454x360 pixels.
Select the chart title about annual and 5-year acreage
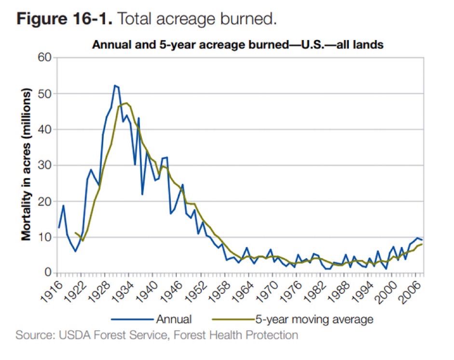click(x=237, y=45)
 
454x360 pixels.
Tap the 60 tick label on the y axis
click(x=44, y=58)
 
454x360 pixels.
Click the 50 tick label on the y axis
click(x=44, y=94)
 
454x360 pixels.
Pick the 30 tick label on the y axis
click(x=44, y=166)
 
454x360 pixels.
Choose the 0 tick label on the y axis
click(x=47, y=273)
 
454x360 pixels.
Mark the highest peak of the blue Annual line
click(x=115, y=85)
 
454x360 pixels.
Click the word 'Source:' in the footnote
click(x=32, y=334)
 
